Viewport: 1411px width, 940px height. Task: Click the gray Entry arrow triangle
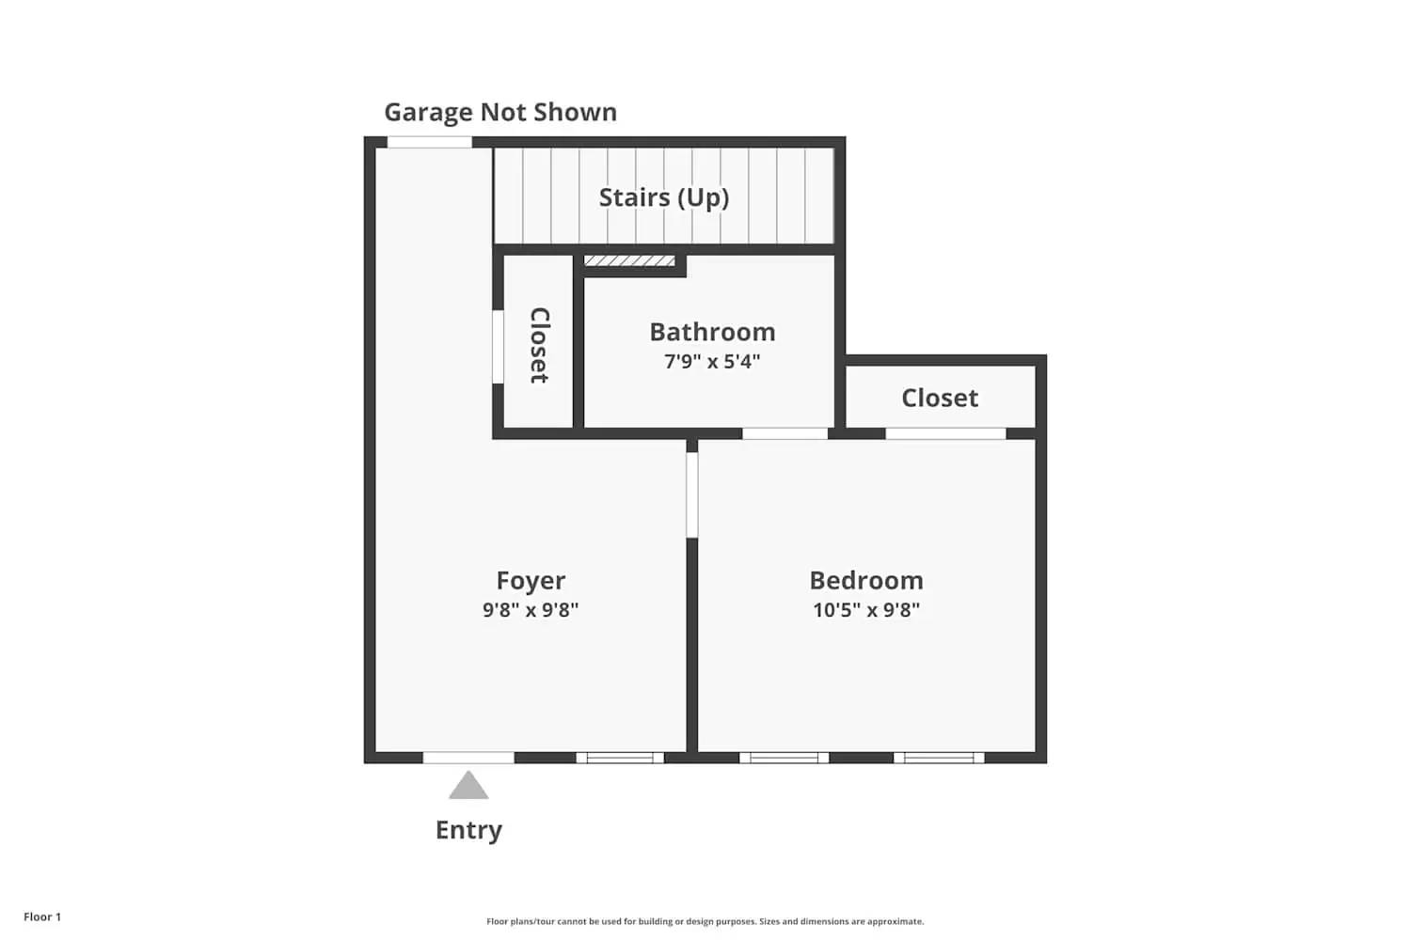pyautogui.click(x=468, y=787)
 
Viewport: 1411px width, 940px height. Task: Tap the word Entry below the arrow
pyautogui.click(x=468, y=830)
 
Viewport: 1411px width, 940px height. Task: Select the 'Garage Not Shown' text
pyautogui.click(x=500, y=112)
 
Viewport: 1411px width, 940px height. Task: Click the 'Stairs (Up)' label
pyautogui.click(x=664, y=197)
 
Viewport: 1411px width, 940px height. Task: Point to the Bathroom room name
pyautogui.click(x=712, y=332)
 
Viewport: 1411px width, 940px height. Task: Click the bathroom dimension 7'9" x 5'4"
pyautogui.click(x=712, y=361)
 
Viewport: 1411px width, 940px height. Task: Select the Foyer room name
pyautogui.click(x=531, y=581)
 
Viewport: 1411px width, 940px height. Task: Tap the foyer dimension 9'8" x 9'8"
pyautogui.click(x=531, y=609)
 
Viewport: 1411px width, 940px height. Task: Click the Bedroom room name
pyautogui.click(x=866, y=580)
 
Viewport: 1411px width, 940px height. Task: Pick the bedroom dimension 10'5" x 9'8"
pyautogui.click(x=866, y=609)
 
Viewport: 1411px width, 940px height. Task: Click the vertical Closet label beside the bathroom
pyautogui.click(x=539, y=345)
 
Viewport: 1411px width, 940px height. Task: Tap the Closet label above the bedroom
pyautogui.click(x=940, y=398)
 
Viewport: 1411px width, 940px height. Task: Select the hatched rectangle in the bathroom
pyautogui.click(x=629, y=260)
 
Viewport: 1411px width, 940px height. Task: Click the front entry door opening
pyautogui.click(x=468, y=758)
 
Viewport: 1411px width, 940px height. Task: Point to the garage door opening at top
pyautogui.click(x=430, y=143)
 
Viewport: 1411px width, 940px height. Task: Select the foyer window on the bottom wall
pyautogui.click(x=620, y=758)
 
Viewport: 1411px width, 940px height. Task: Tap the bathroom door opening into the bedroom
pyautogui.click(x=785, y=433)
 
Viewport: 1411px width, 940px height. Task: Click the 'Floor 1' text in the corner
pyautogui.click(x=42, y=916)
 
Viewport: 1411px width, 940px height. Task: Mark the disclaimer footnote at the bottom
pyautogui.click(x=705, y=921)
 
